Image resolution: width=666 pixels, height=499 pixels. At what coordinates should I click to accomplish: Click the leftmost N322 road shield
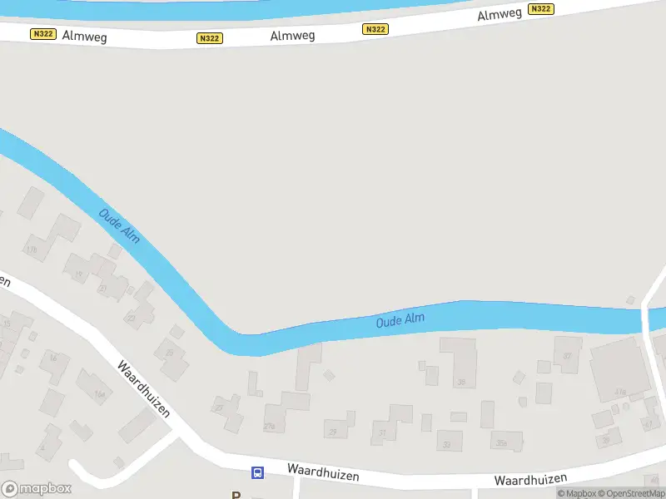[43, 34]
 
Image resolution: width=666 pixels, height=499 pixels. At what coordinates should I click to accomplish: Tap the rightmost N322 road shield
[541, 9]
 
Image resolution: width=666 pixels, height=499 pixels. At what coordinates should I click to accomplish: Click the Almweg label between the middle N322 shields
[291, 36]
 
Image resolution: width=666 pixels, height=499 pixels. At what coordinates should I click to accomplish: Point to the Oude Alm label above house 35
[400, 319]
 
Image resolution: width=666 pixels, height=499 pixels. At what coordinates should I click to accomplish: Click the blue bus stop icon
[258, 473]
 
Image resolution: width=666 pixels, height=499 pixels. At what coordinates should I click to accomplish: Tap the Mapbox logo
[37, 489]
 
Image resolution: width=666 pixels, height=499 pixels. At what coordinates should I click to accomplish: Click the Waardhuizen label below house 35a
[530, 479]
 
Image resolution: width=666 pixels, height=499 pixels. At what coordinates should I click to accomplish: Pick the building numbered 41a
[620, 392]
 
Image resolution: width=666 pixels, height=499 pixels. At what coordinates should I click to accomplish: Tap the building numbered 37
[569, 356]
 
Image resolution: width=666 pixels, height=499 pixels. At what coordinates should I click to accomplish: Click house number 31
[383, 433]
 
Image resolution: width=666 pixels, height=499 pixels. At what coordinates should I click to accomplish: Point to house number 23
[131, 317]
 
